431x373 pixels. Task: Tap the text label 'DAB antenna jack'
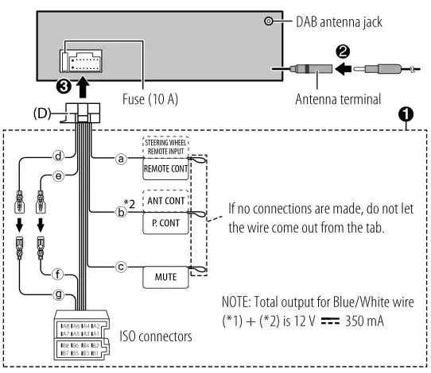pos(338,22)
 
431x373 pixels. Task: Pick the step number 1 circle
pos(406,114)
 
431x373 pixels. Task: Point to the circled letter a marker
pos(121,159)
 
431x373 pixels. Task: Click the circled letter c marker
pos(121,267)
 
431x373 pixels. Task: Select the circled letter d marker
pos(58,156)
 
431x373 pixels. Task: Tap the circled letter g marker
pos(58,294)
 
